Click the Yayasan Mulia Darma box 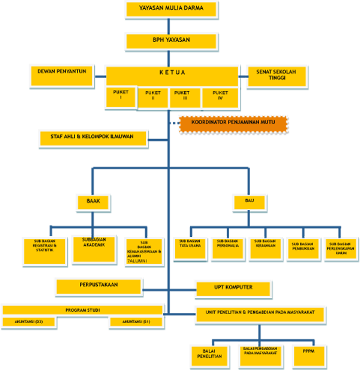(x=170, y=9)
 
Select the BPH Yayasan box (x=171, y=40)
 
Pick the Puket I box (x=121, y=97)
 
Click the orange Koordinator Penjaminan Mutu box (x=233, y=123)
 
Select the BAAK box (x=93, y=202)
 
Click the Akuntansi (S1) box (x=136, y=321)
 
